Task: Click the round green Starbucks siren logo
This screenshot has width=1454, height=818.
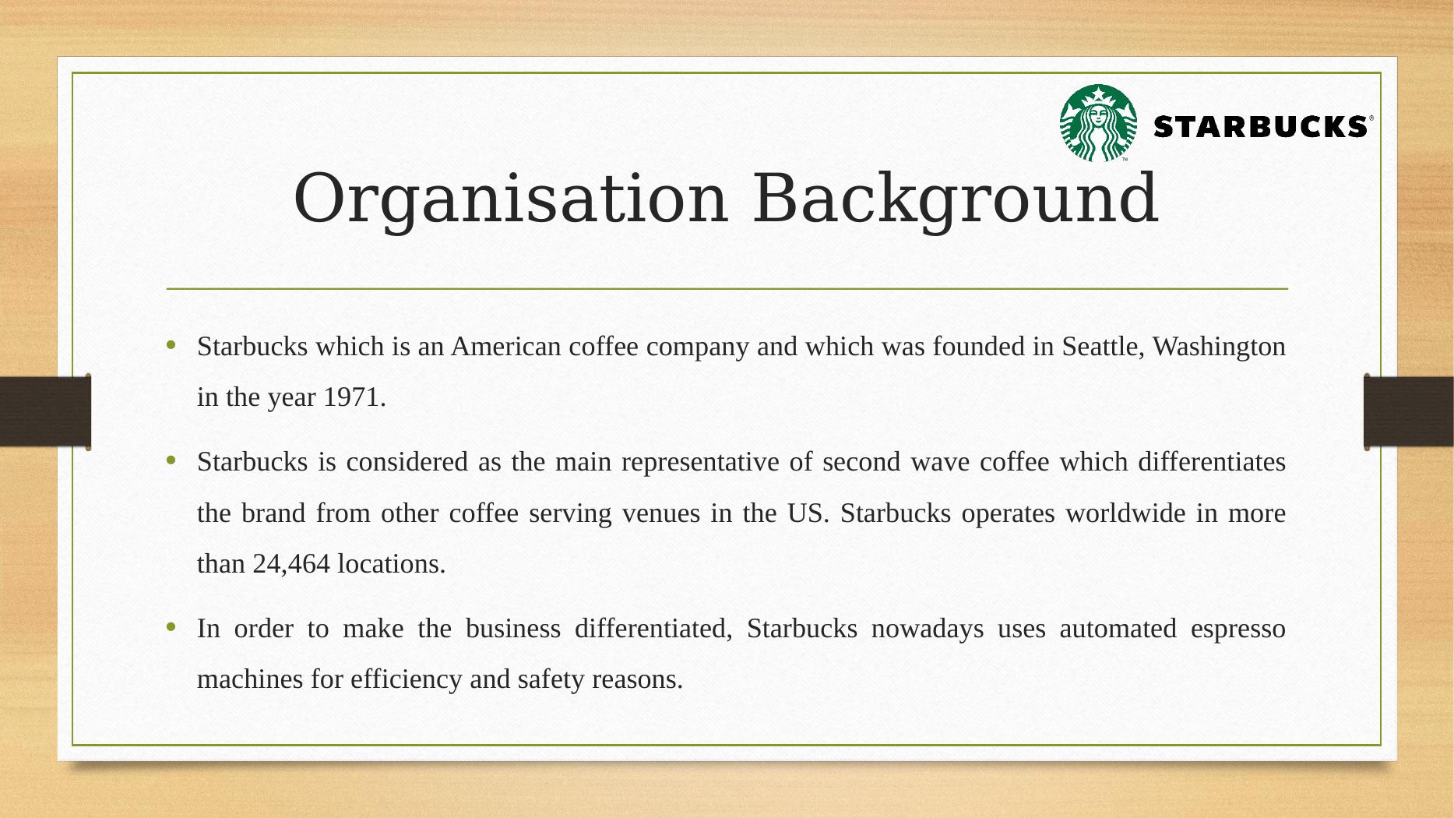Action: pyautogui.click(x=1098, y=123)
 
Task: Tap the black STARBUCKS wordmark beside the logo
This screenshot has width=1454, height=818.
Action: pyautogui.click(x=1259, y=126)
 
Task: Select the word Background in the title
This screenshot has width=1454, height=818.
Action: pyautogui.click(x=956, y=199)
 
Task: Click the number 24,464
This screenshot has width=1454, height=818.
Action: pyautogui.click(x=291, y=564)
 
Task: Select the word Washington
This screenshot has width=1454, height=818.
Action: pyautogui.click(x=1219, y=347)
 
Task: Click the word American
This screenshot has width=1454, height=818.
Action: pyautogui.click(x=505, y=347)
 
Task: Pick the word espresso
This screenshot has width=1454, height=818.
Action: pyautogui.click(x=1238, y=629)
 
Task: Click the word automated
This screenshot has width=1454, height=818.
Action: pyautogui.click(x=1118, y=629)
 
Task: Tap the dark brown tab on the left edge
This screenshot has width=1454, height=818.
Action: pyautogui.click(x=45, y=411)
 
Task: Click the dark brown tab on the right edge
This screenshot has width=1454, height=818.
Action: pyautogui.click(x=1409, y=411)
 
